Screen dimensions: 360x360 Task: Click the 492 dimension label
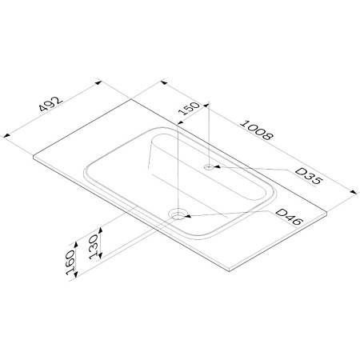51,104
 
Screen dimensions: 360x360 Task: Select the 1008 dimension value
257,130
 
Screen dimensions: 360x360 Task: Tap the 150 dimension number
189,108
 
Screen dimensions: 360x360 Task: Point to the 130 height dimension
94,246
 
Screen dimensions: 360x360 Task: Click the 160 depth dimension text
70,262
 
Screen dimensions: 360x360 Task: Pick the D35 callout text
309,176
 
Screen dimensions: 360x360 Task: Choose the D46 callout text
290,217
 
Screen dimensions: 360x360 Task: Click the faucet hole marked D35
209,167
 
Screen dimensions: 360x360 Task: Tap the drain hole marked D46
178,214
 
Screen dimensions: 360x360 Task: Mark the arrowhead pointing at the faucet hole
218,167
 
